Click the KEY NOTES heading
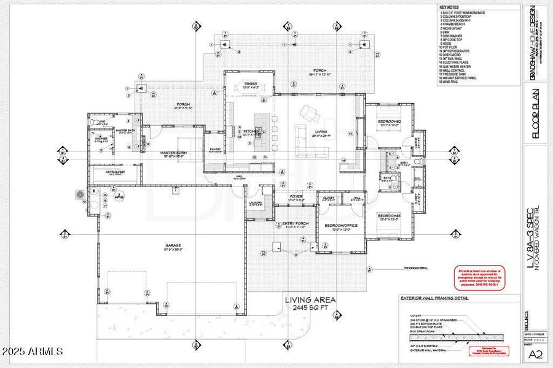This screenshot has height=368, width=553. coord(449,7)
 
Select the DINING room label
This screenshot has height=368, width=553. coord(250,84)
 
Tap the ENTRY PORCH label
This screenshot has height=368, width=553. coord(294,223)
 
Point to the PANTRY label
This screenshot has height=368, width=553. coord(215,148)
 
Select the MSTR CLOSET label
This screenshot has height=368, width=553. coord(115,172)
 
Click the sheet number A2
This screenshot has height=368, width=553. coord(535,353)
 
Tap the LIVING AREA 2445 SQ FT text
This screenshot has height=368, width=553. coord(310,303)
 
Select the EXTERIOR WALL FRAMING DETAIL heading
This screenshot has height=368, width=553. coord(434,298)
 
